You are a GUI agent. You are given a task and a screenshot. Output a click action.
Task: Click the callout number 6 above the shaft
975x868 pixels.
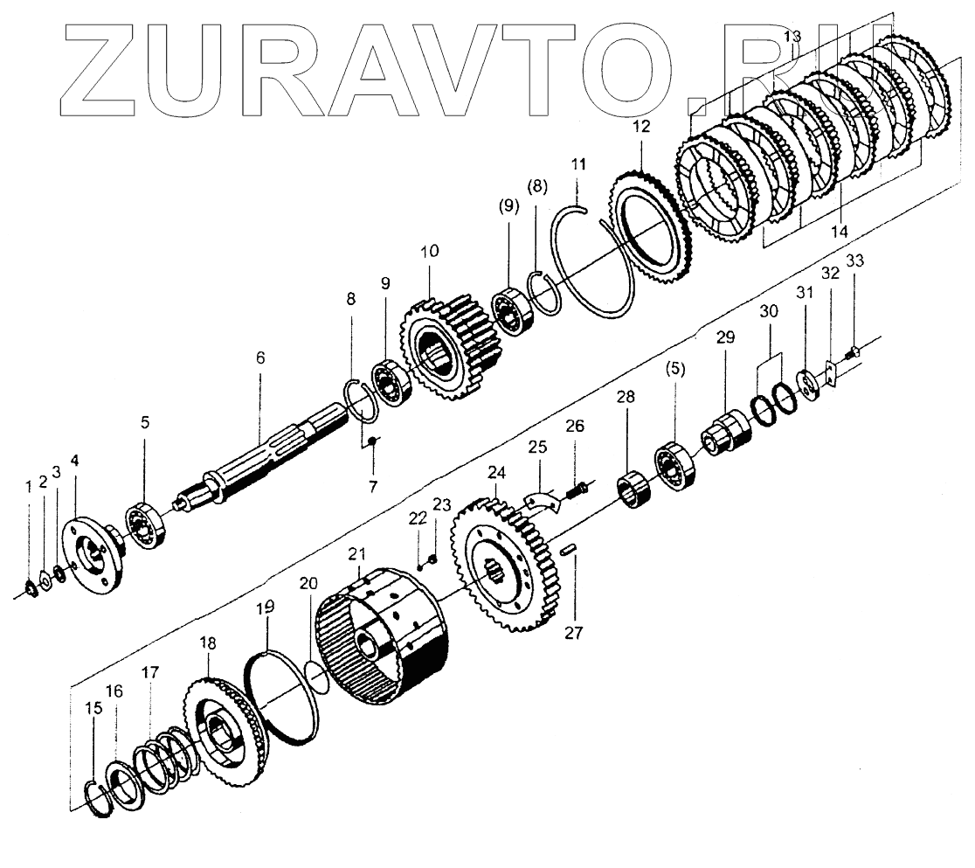coord(260,358)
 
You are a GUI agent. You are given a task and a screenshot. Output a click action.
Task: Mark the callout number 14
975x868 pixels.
coord(840,232)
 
